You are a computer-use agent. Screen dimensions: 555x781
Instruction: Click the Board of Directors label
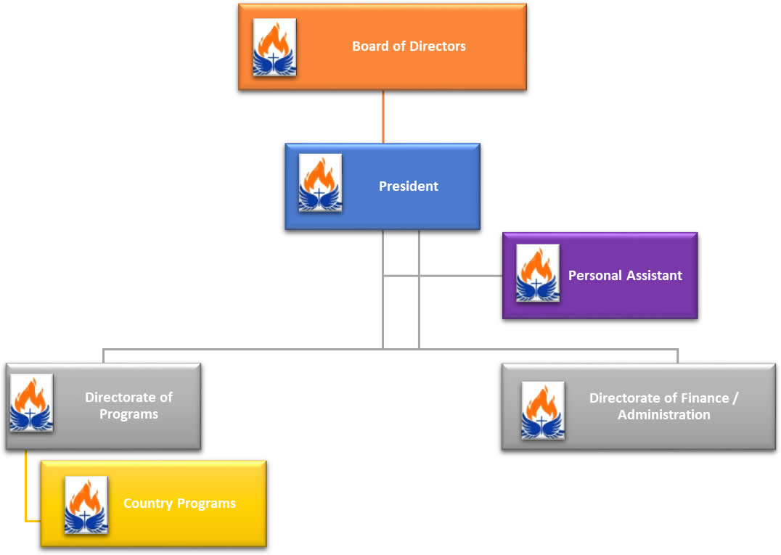409,46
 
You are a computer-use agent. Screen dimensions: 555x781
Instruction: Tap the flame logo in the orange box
274,47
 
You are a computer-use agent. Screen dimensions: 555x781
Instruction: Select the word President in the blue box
409,186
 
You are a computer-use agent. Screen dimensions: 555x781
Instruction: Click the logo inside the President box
320,183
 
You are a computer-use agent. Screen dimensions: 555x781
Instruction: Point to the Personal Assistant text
625,276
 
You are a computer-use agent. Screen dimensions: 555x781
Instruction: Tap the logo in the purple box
537,274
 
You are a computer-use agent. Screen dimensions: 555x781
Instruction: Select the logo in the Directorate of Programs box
31,403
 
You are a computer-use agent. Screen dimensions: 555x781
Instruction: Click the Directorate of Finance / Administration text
663,406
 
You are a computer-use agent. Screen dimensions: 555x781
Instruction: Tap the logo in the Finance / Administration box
543,411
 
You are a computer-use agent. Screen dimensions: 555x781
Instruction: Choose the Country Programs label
179,503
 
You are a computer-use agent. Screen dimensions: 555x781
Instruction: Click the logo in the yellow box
86,505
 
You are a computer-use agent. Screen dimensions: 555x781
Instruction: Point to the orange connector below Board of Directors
383,116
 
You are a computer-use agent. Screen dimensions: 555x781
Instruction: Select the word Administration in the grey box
663,415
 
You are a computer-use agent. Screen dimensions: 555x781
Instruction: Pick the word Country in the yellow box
145,503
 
